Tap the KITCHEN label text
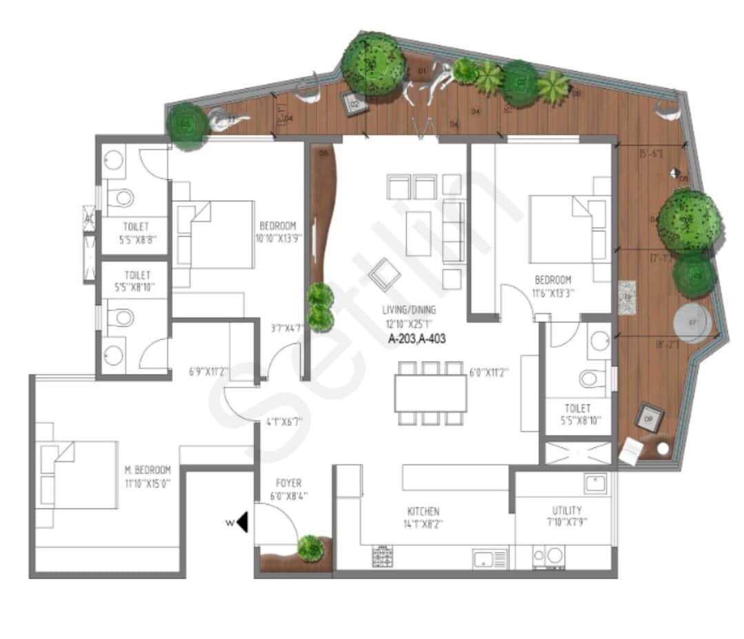point(423,511)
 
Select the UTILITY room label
point(565,510)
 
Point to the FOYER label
point(288,483)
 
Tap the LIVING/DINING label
point(410,310)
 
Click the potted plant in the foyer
point(310,547)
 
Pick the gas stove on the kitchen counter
point(383,556)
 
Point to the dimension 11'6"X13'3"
point(553,293)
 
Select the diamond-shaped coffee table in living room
point(384,275)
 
